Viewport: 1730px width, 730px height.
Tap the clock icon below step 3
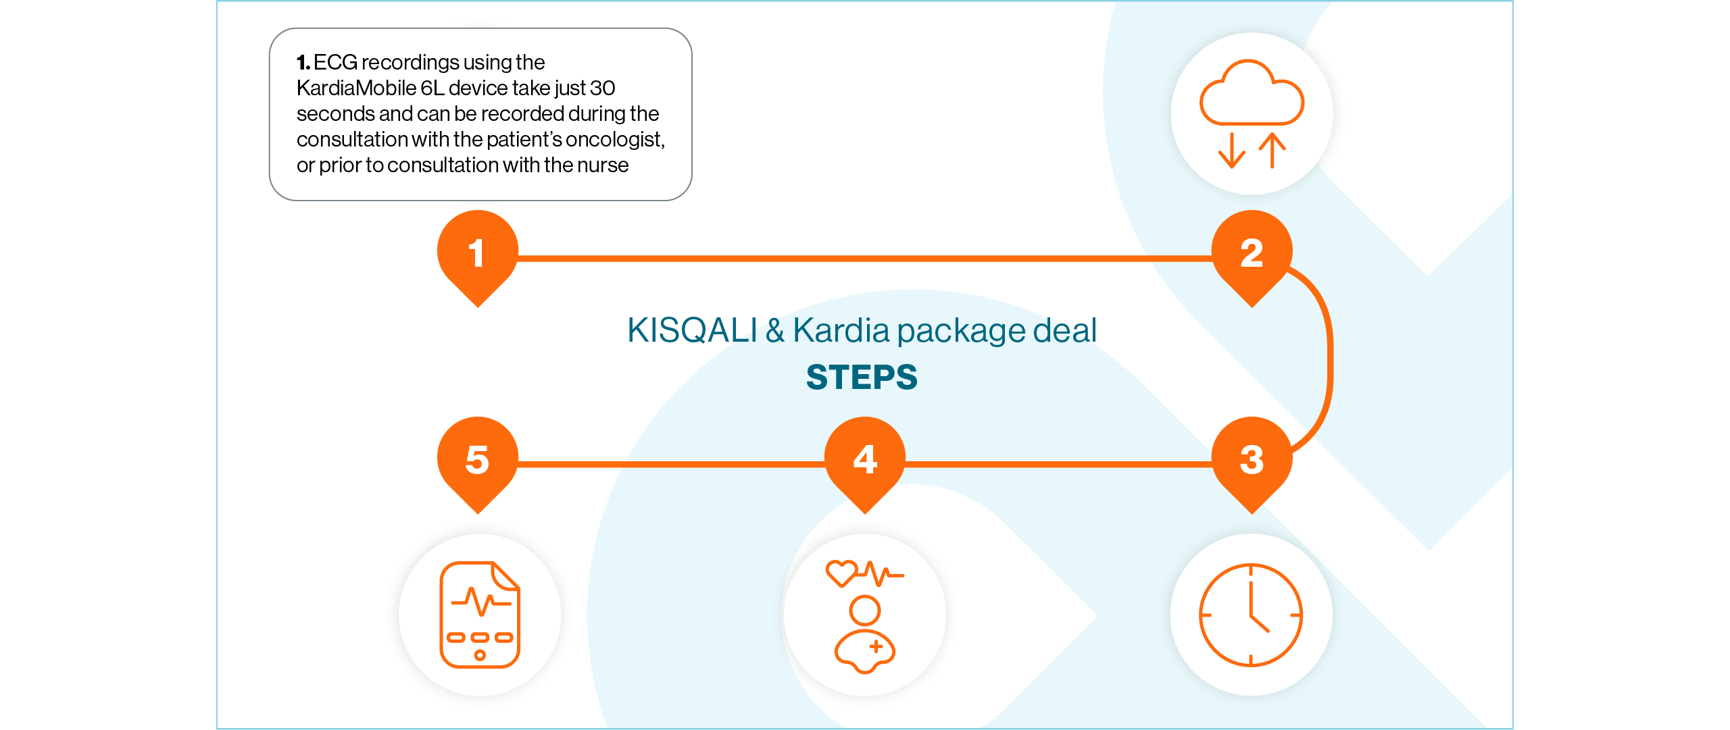tap(1251, 615)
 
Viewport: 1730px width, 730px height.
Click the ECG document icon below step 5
tap(480, 615)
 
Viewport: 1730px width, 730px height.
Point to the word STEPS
tap(862, 377)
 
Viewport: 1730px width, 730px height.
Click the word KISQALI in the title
tap(692, 331)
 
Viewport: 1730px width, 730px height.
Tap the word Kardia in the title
tap(841, 331)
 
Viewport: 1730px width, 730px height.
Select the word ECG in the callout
tap(335, 63)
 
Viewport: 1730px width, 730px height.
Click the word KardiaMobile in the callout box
tap(356, 88)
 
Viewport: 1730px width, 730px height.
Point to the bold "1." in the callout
tap(303, 63)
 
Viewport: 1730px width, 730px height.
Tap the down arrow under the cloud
tap(1232, 151)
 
